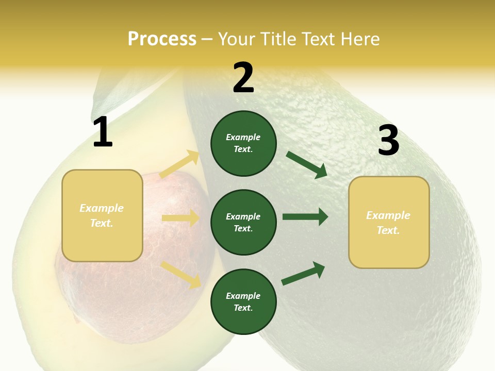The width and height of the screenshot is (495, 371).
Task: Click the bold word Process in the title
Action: [162, 39]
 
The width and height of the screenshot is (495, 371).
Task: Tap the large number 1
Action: [103, 132]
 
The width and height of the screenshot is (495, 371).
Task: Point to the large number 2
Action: [243, 78]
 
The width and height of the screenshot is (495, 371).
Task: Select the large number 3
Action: [388, 141]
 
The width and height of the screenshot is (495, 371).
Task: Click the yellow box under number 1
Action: [102, 215]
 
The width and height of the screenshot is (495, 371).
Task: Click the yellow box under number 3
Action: [389, 223]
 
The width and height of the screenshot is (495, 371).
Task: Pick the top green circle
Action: [243, 143]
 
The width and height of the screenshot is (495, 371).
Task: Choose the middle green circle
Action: [243, 222]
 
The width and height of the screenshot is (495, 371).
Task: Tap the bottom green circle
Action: [243, 301]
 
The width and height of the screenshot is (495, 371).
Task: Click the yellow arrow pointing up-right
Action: [179, 164]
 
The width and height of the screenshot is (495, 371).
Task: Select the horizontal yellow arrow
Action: [180, 218]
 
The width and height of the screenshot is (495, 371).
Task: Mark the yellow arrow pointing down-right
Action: [180, 274]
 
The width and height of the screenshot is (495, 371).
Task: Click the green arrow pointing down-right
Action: [307, 165]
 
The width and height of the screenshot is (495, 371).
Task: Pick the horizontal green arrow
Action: [305, 217]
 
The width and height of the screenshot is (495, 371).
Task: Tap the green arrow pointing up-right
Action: [303, 274]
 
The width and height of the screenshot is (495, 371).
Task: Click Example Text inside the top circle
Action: [243, 143]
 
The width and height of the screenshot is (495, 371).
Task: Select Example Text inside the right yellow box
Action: [388, 223]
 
